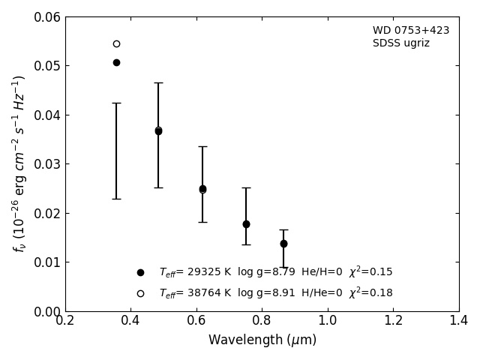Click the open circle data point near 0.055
116,43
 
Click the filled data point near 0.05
116,62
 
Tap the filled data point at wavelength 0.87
283,244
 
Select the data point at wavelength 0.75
246,224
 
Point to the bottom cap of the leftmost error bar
116,199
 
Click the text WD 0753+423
411,31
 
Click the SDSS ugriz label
401,43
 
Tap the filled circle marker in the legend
140,272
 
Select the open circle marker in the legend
140,293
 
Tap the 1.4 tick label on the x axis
459,321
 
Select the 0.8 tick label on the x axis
262,321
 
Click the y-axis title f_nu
19,163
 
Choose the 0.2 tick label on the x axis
65,321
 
